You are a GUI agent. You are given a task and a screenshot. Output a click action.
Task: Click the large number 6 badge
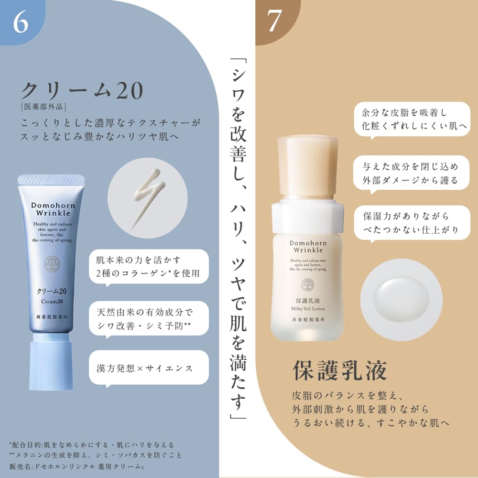coord(20,22)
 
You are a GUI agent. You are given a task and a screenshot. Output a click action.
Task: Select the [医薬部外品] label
coord(43,107)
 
